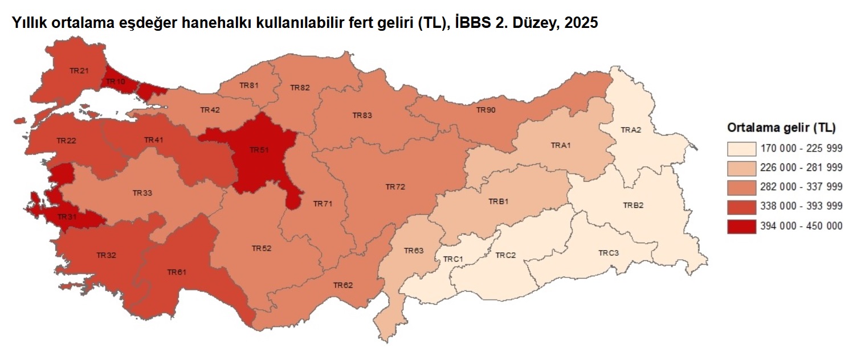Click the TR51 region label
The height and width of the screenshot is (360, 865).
point(259,150)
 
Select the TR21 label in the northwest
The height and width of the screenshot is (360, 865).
point(79,71)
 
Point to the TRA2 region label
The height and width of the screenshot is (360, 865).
point(631,130)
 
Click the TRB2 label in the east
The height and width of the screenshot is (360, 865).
point(633,205)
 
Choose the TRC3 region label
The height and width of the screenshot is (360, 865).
point(608,252)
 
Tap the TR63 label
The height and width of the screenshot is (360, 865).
point(414,251)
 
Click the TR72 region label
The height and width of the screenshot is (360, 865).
point(395,187)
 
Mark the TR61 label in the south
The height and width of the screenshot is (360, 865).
point(177,272)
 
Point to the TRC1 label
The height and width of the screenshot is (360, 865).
point(453,259)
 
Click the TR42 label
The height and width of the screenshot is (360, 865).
point(210,109)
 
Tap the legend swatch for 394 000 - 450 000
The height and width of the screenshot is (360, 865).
point(741,226)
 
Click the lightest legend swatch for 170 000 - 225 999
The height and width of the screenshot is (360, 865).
point(741,149)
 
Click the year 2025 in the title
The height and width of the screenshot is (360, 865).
point(582,24)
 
